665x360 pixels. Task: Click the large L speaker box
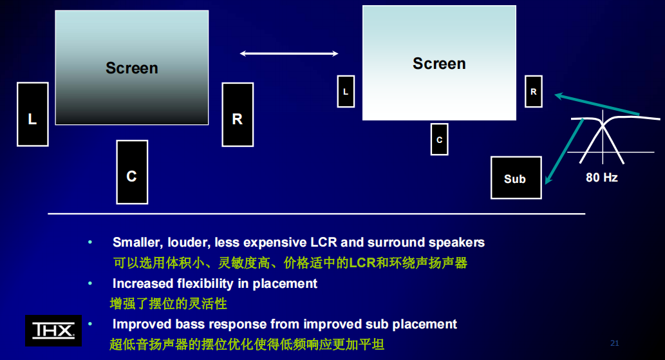click(32, 114)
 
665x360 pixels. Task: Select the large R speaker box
click(237, 114)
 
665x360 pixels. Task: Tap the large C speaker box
click(132, 172)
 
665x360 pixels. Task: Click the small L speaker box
click(346, 91)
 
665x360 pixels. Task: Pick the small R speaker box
click(533, 91)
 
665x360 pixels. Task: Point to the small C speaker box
click(439, 139)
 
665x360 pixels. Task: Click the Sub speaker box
click(514, 178)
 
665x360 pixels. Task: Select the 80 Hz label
click(601, 177)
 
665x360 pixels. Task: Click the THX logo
click(53, 330)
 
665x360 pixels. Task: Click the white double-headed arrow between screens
click(289, 53)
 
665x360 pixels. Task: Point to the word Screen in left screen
click(131, 68)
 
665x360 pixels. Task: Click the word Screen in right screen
click(439, 63)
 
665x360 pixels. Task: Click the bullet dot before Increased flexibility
click(90, 283)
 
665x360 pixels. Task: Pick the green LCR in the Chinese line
click(362, 263)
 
